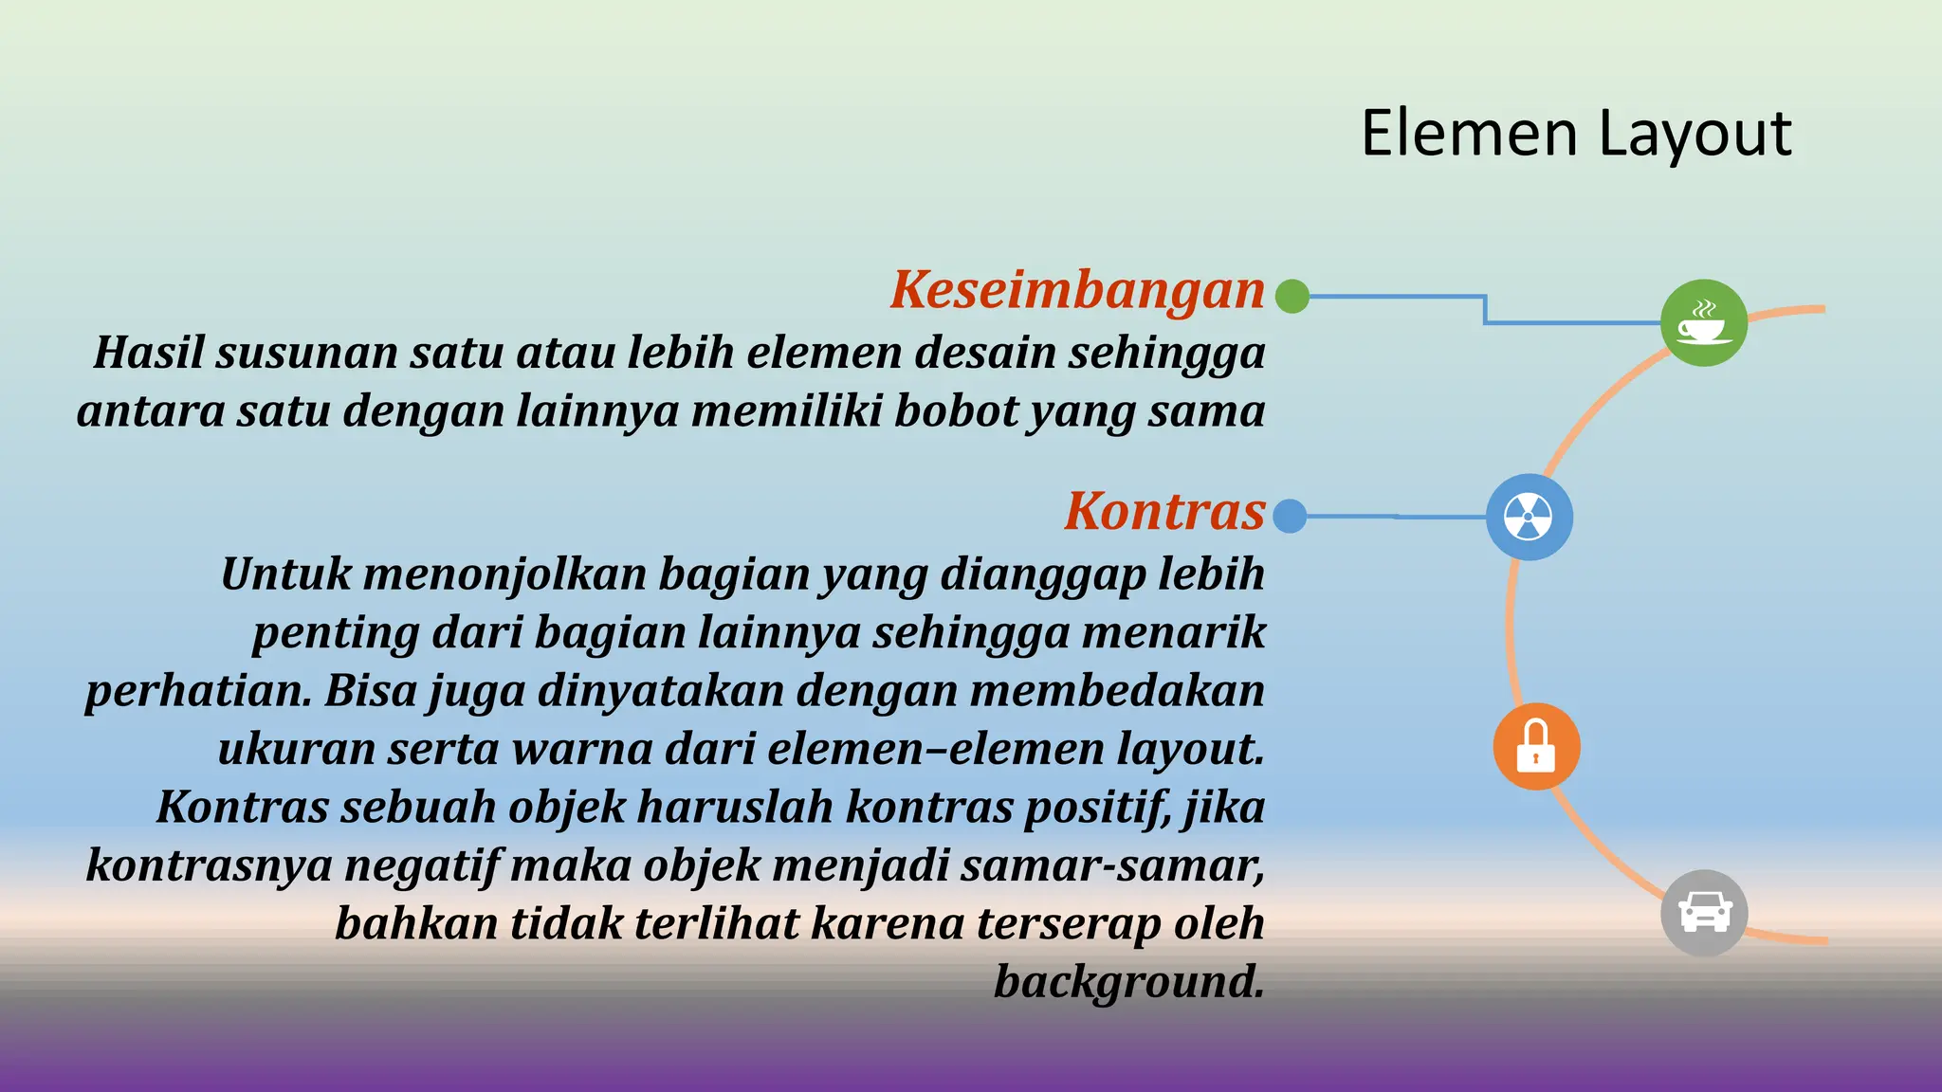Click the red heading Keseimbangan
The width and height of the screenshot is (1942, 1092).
1077,290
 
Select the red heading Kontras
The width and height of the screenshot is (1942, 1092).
1164,512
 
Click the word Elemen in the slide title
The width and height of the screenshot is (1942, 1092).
1469,134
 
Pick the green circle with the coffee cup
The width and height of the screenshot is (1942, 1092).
1703,322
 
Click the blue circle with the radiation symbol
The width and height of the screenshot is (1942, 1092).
1529,517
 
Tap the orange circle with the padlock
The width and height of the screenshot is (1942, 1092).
1536,746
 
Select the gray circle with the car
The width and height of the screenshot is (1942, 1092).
1704,913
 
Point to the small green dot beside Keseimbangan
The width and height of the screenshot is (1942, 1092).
1292,296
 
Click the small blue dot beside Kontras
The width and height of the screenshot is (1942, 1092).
1290,517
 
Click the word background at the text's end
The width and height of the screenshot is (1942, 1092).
1128,982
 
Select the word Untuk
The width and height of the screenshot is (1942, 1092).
285,574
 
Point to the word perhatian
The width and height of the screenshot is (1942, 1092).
197,692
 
